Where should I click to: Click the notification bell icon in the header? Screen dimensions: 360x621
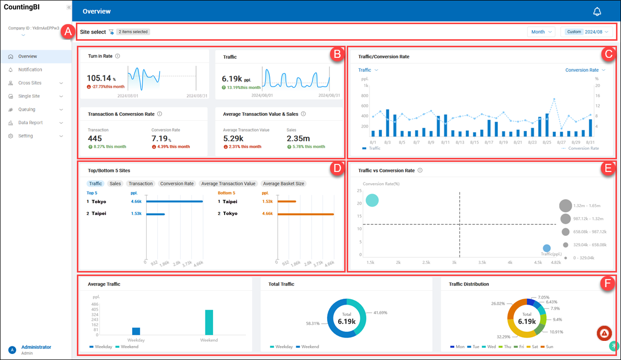point(597,12)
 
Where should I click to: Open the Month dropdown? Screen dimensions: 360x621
point(541,32)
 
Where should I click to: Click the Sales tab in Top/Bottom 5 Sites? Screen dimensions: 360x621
point(116,184)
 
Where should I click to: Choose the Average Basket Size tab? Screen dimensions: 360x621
point(283,184)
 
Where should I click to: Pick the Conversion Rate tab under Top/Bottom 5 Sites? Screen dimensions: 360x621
point(176,184)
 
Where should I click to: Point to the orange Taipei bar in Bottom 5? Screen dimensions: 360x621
point(286,202)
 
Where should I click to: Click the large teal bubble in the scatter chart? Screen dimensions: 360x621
point(372,200)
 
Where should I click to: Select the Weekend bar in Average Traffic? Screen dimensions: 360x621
point(209,322)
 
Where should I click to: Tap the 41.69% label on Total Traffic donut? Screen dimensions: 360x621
point(380,312)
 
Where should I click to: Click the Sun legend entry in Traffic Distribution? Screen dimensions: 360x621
point(548,346)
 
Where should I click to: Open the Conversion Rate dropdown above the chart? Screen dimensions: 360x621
point(585,70)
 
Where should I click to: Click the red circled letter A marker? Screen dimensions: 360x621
point(67,32)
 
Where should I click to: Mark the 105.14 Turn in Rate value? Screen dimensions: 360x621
point(99,78)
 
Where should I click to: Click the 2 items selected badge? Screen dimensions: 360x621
point(133,32)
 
